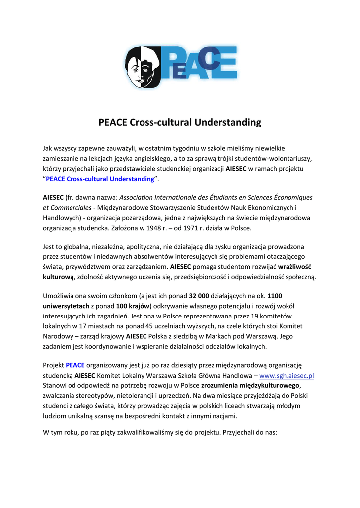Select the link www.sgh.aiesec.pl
pos(288,376)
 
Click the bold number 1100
pos(274,295)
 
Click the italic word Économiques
pos(292,197)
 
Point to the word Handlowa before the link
pos(239,376)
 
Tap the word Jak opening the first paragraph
pos(48,148)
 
